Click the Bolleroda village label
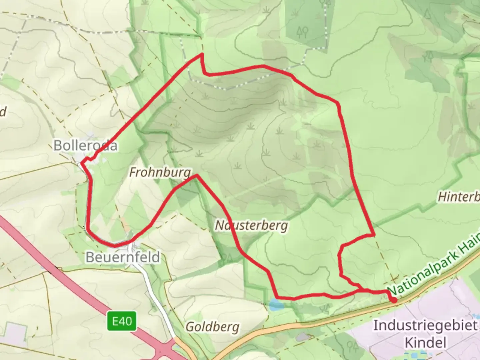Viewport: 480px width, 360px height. coord(85,146)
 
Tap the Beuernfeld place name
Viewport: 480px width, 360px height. coord(123,257)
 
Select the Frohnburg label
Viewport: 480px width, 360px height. coord(160,172)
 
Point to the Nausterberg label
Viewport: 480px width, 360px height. coord(251,226)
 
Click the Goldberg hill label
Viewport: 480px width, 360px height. coord(212,327)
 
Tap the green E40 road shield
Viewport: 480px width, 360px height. coord(122,321)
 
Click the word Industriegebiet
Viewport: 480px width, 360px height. coord(425,325)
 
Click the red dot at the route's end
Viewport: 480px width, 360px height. coord(394,300)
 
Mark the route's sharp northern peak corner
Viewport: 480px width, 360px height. coord(202,54)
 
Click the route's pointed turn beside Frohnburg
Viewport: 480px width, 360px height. coord(197,176)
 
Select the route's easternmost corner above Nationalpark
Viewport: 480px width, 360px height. coord(374,235)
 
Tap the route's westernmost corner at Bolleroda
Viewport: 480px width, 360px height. coord(81,163)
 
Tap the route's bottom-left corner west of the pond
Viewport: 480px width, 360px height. coord(277,296)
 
